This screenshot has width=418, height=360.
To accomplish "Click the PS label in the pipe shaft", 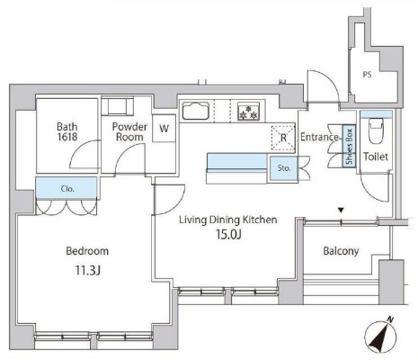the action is tap(367, 74).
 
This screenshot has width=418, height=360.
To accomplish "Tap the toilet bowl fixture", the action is tap(376, 130).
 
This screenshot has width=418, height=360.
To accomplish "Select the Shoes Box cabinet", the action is tap(349, 146).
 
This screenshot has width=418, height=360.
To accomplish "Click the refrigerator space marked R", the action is tap(283, 138).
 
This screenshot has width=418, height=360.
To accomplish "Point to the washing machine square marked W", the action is tap(164, 129).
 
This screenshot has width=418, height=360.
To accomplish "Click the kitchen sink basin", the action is tap(196, 112).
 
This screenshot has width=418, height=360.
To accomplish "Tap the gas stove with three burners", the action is tap(248, 112).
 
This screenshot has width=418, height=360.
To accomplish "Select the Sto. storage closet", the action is tap(283, 168).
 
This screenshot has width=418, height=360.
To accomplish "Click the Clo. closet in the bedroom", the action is tap(67, 188).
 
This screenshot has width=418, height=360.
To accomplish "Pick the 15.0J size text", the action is tap(228, 235).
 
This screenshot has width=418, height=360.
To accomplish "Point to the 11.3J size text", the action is tap(87, 271).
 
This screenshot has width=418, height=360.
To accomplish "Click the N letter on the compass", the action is tap(390, 320).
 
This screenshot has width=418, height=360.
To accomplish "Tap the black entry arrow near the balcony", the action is tap(341, 211).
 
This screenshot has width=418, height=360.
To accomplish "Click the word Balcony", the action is tap(341, 251).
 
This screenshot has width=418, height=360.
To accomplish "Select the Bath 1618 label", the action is tap(67, 131).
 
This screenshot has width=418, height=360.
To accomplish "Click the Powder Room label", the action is tap(129, 131).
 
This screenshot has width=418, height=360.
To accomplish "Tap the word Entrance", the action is tap(319, 137).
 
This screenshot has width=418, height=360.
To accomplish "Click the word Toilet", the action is tap(376, 157).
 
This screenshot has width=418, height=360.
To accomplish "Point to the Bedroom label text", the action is tap(87, 251).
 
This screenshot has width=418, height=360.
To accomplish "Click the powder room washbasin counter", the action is tap(117, 106).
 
